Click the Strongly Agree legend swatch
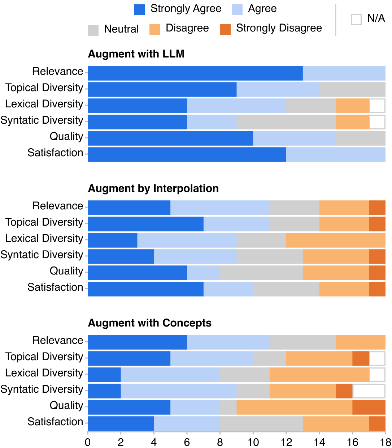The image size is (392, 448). (x=140, y=10)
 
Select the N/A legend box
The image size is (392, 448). (x=356, y=19)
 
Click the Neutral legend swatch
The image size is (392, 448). (x=93, y=30)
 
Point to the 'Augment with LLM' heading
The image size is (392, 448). (x=136, y=54)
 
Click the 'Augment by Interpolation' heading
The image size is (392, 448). (x=153, y=188)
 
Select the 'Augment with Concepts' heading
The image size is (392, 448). (x=149, y=323)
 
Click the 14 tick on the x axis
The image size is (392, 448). (x=319, y=442)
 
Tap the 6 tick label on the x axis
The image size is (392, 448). (x=187, y=442)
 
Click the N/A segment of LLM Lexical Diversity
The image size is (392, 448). (x=377, y=106)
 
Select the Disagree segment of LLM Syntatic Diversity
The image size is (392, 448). (x=352, y=122)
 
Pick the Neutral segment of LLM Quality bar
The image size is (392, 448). (x=361, y=138)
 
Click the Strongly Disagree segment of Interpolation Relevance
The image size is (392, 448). (x=377, y=208)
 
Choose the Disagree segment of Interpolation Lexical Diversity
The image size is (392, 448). (x=336, y=240)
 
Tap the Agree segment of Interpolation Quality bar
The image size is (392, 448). (x=204, y=273)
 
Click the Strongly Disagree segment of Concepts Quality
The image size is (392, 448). (x=369, y=407)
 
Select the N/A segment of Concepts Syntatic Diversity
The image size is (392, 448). (x=369, y=391)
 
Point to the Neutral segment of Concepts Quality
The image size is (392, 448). (x=228, y=407)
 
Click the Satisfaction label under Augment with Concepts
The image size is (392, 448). (x=55, y=422)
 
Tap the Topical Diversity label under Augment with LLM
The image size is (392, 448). (x=44, y=88)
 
